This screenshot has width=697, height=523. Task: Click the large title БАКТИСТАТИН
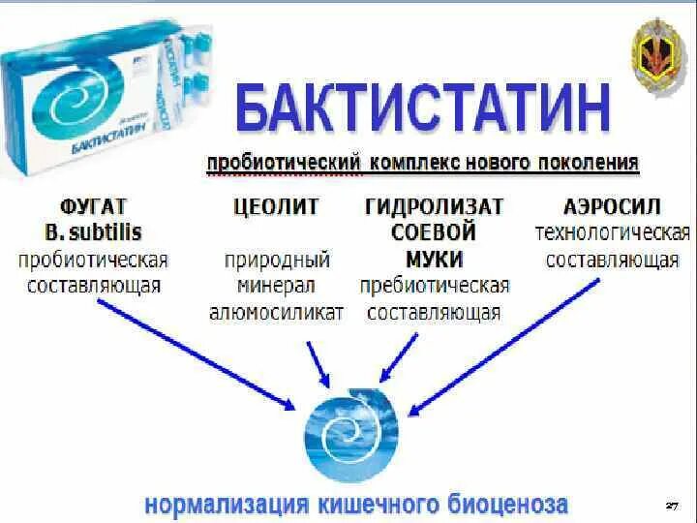point(423,108)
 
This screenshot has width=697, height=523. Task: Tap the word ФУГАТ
point(93,206)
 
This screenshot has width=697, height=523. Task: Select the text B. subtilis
point(93,233)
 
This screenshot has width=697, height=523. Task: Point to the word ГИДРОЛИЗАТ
point(434,206)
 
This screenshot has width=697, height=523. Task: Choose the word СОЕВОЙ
point(434,233)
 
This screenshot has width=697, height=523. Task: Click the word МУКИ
point(434,260)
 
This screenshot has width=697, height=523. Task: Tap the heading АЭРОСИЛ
point(612,206)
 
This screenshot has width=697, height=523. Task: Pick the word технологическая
point(612,233)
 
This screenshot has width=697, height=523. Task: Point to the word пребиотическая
point(434,287)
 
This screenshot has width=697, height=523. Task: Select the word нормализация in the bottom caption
point(226,505)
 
